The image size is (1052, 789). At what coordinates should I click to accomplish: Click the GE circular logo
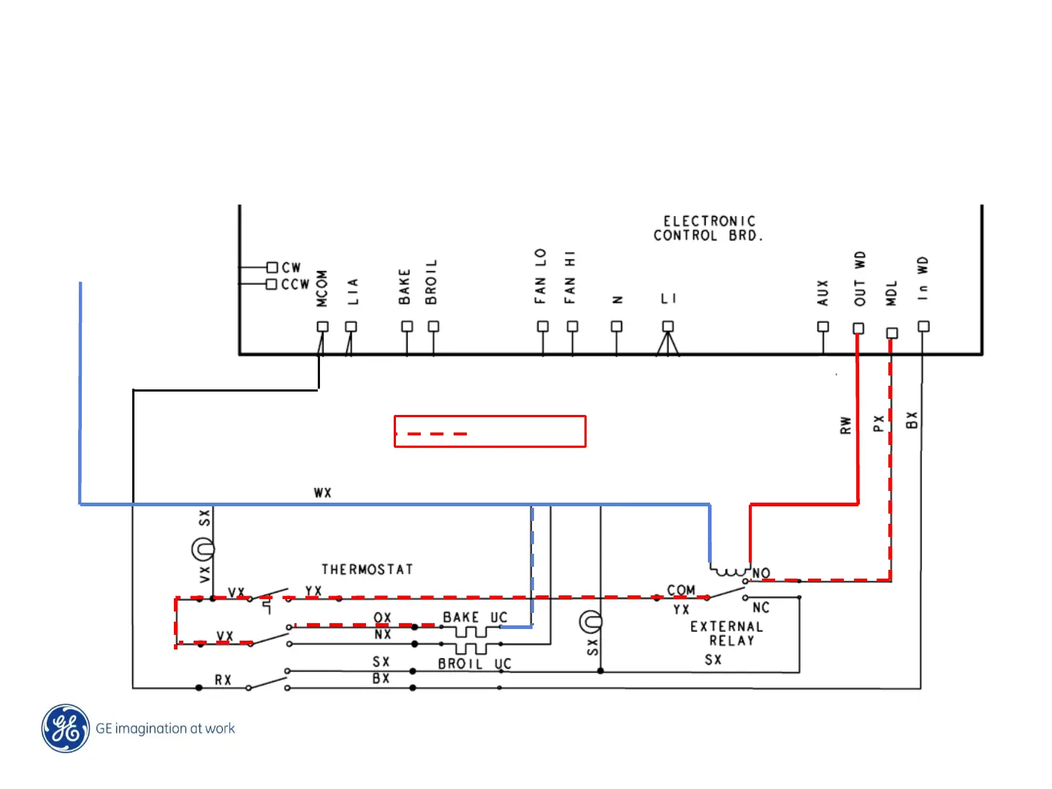click(66, 728)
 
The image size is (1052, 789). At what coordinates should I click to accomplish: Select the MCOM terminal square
click(322, 327)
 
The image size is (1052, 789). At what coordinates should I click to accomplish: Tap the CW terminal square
click(272, 267)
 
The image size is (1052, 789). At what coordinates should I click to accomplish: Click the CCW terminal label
click(295, 284)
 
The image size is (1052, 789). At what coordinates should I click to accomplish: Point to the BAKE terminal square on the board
click(407, 327)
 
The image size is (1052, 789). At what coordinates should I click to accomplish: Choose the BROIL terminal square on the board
click(433, 327)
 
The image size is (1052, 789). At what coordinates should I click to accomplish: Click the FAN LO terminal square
click(543, 327)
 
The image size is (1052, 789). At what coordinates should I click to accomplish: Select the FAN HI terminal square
click(572, 327)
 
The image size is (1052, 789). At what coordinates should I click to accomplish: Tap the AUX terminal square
click(823, 327)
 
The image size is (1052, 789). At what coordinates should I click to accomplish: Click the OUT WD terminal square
click(858, 328)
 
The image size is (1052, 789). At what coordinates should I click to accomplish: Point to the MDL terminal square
click(891, 333)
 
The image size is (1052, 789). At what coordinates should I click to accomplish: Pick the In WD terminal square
click(923, 327)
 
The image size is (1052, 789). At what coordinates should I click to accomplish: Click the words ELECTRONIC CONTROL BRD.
click(708, 228)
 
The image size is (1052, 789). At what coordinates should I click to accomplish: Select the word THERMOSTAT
click(367, 569)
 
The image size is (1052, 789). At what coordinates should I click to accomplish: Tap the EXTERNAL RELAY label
click(727, 633)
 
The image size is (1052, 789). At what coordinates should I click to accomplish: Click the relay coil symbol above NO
click(730, 570)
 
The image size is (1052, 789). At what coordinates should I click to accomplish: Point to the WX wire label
click(322, 493)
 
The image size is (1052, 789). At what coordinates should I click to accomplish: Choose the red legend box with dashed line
click(489, 431)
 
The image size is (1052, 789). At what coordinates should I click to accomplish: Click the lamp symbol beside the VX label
click(202, 548)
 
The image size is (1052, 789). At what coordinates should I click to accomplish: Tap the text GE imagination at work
click(165, 728)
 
